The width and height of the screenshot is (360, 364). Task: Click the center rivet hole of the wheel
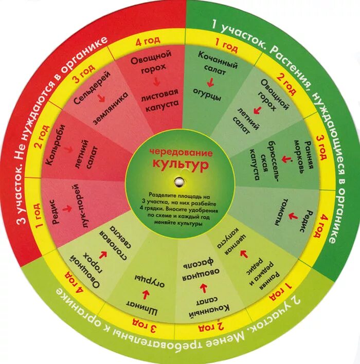click(x=179, y=181)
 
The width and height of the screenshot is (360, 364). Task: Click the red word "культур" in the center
click(x=179, y=164)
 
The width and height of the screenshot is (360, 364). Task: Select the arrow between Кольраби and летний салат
click(x=68, y=149)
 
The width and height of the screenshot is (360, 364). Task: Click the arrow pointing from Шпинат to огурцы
click(x=146, y=294)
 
